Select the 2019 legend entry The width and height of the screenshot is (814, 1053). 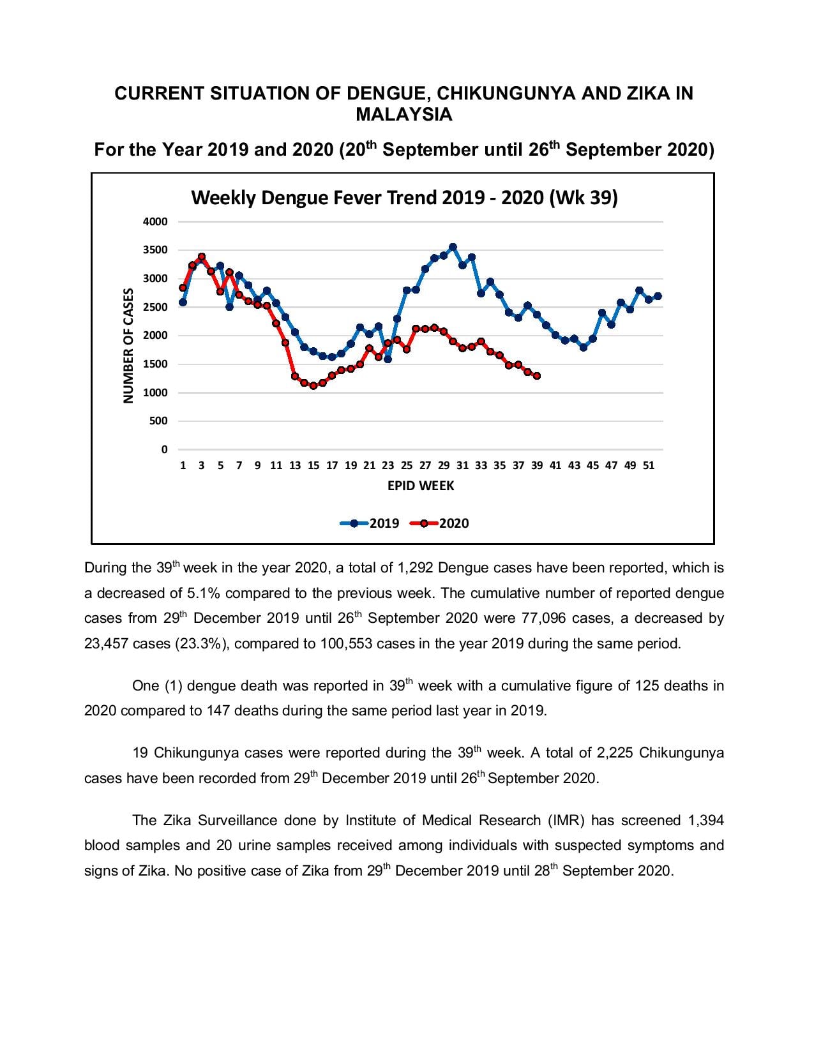(370, 523)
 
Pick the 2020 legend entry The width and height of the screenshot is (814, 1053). (439, 523)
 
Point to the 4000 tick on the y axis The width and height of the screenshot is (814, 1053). (155, 222)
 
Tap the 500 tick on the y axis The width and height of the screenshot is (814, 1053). (158, 421)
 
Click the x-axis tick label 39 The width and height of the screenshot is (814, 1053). (537, 466)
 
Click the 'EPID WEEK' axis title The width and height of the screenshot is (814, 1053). (420, 486)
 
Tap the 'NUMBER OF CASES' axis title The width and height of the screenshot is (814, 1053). (128, 345)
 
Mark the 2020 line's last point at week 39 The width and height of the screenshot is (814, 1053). (537, 375)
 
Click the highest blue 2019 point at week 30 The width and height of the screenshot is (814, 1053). (453, 247)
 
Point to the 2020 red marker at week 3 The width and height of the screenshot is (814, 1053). (202, 257)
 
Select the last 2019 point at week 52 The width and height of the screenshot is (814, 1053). (658, 296)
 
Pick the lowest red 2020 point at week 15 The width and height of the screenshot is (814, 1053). (313, 385)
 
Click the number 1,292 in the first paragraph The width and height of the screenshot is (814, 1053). (415, 568)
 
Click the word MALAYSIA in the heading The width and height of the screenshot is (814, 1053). (404, 115)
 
